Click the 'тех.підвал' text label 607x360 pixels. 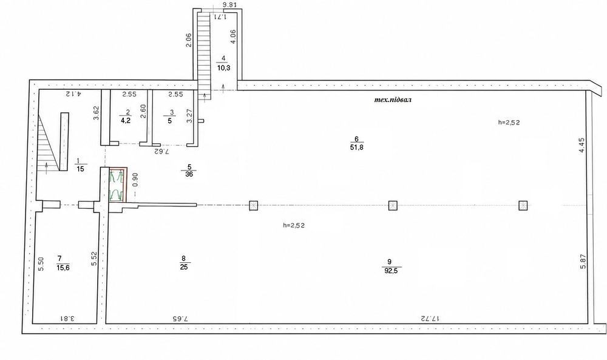coord(393,100)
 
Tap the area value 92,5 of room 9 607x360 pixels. coord(392,271)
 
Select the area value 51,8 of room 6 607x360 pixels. coord(356,148)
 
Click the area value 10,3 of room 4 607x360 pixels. coord(223,68)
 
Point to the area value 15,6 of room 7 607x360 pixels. coord(63,268)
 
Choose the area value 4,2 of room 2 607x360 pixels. coord(126,120)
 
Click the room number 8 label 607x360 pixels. coord(183,258)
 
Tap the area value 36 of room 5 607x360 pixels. coord(189,175)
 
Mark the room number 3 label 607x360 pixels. coord(172,113)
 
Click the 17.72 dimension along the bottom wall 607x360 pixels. coord(430,319)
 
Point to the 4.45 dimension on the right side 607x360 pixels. coord(582,146)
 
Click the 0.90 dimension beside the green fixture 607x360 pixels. coord(135,180)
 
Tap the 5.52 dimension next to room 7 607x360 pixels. coord(93,259)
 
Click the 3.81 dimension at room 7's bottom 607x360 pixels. coord(67,319)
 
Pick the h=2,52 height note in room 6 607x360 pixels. coord(509,122)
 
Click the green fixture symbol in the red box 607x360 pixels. coord(117,185)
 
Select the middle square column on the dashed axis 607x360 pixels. coord(393,206)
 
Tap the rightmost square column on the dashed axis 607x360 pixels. coord(523,206)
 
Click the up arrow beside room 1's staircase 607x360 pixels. coord(47,168)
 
